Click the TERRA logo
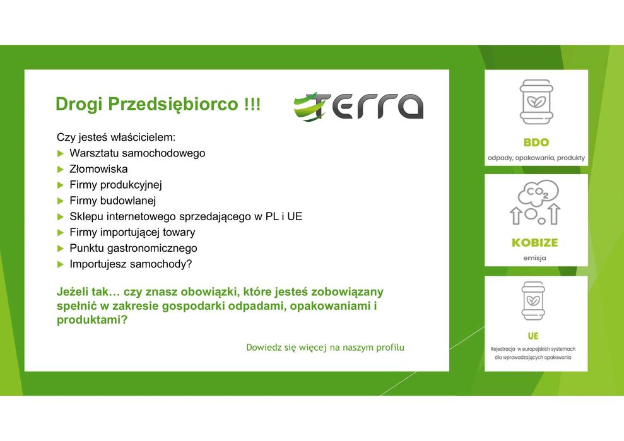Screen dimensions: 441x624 [358, 106]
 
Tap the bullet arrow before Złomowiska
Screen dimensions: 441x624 [61, 169]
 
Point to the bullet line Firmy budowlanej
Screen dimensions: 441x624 [112, 201]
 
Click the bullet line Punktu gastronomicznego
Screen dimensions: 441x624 [133, 248]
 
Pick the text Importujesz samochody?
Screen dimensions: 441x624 [130, 264]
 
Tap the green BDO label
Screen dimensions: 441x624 [536, 143]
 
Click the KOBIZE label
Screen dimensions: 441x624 [535, 242]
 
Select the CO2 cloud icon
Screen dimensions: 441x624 [538, 192]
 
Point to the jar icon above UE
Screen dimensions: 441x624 [533, 300]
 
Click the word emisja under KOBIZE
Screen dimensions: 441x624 [535, 257]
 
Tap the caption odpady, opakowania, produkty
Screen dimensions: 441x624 [536, 157]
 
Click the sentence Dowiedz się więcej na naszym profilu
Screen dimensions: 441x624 [325, 348]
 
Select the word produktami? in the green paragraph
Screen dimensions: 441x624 [92, 320]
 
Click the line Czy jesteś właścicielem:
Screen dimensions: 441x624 [116, 137]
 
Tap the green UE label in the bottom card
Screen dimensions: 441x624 [533, 336]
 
